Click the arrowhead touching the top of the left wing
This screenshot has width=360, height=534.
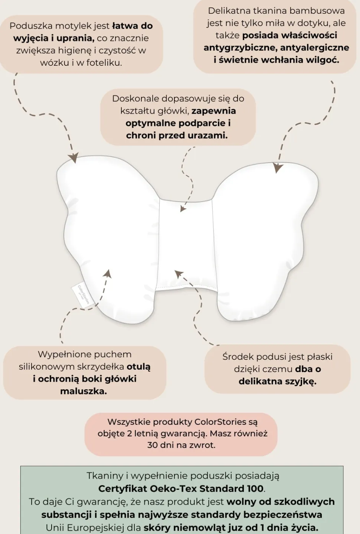pos(74,158)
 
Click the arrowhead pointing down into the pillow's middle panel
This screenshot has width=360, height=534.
pos(183,209)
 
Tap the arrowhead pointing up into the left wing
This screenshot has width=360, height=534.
pos(108,274)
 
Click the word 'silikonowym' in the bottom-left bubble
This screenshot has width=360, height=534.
pos(46,367)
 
